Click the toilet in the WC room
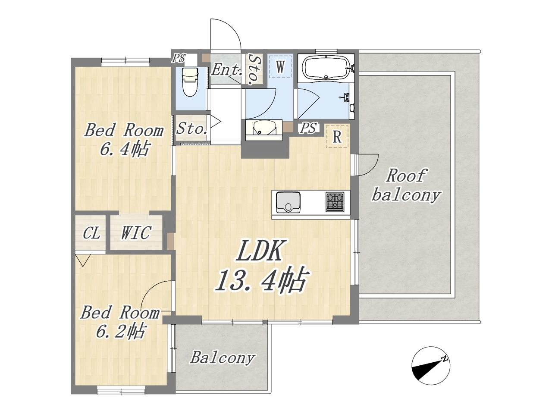tap(190, 81)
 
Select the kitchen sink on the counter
tap(288, 202)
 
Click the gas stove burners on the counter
tap(335, 201)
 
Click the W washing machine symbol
tap(280, 66)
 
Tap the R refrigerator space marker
tap(337, 137)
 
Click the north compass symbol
tap(431, 366)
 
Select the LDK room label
tap(259, 251)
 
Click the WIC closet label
tap(136, 232)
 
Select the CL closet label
tap(91, 233)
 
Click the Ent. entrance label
tap(226, 70)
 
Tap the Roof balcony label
tap(406, 185)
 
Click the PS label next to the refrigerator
tap(309, 128)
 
